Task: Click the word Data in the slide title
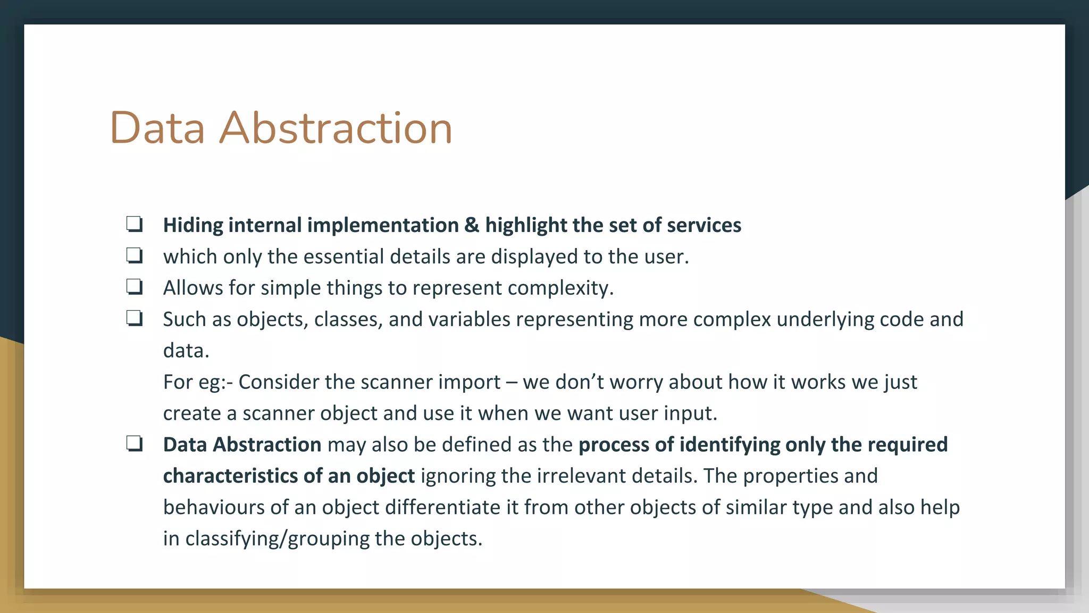point(157,128)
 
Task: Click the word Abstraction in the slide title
point(336,128)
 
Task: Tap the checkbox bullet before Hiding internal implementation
point(135,224)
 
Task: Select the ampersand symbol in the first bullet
point(471,225)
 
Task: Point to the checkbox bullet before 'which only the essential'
point(135,255)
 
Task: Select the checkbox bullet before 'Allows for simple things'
point(135,287)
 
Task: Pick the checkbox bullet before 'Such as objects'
point(135,318)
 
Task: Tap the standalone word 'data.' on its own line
point(186,351)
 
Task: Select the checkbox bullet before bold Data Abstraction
point(135,443)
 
